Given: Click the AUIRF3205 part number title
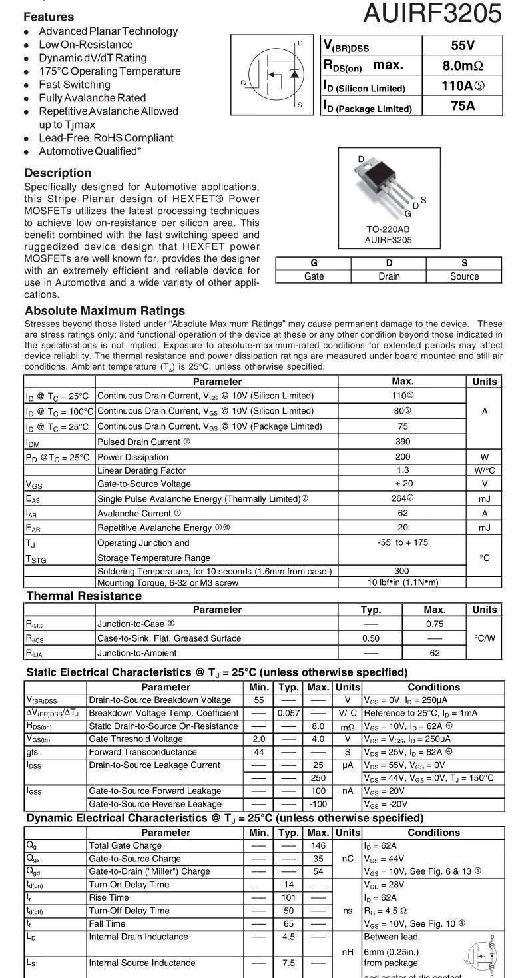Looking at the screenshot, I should pos(433,13).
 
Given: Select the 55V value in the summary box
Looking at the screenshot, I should pos(462,46).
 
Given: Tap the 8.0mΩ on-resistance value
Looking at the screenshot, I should pos(462,66).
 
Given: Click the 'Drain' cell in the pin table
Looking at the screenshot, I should pos(389,276).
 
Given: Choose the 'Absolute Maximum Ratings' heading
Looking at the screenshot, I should pos(105,311).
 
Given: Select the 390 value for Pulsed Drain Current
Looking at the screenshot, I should pos(402,442).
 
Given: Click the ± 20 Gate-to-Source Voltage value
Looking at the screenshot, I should pos(402,484).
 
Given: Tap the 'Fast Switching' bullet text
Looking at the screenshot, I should pos(75,85).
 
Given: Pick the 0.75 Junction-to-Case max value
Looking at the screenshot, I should pos(434,624).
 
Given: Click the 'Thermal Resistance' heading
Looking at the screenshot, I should pos(84,596).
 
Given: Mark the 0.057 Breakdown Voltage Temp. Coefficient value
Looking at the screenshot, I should pos(288,713).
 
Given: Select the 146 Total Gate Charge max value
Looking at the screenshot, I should pos(318,846).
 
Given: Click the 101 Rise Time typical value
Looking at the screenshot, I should pos(288,897).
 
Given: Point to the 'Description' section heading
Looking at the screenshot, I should pos(58,173).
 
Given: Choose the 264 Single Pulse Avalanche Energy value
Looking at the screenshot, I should pos(401,498).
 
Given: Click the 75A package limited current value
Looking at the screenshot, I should pos(462,105).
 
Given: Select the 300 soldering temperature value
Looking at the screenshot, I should pos(401,571).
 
